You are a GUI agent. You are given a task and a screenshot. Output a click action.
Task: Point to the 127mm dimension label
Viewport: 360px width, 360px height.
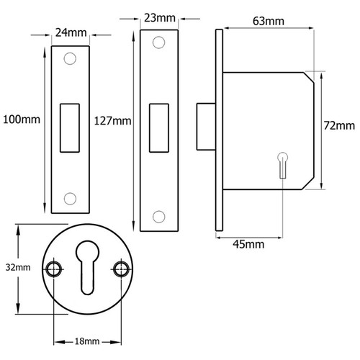coord(112,120)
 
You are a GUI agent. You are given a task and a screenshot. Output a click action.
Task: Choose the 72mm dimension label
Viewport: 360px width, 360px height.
coord(340,127)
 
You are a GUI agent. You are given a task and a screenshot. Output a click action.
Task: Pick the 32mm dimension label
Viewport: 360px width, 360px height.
coord(18,268)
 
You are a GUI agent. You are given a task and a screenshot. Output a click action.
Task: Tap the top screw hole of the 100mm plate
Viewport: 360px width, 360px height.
coord(70,59)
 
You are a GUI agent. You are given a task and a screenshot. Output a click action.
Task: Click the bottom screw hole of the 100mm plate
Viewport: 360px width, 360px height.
coord(70,197)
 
